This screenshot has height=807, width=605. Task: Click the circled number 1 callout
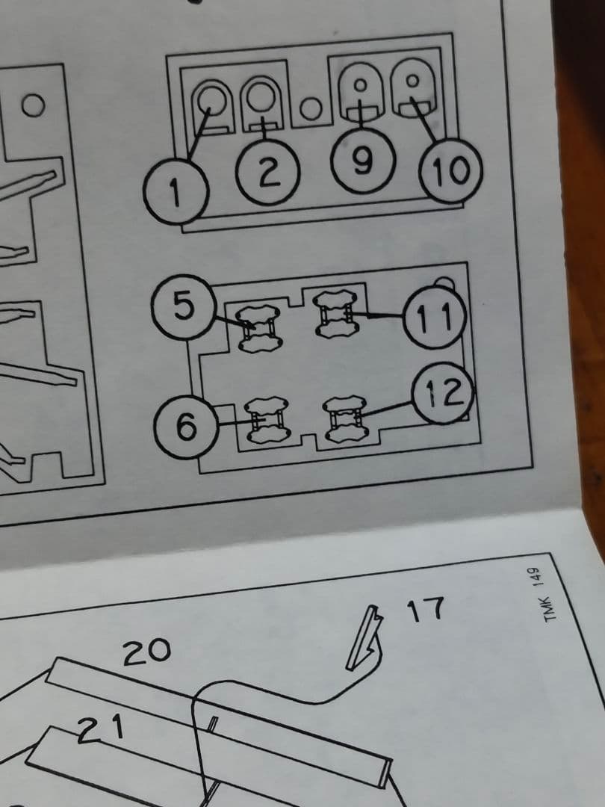pyautogui.click(x=176, y=191)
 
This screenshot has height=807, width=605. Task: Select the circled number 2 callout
pyautogui.click(x=267, y=172)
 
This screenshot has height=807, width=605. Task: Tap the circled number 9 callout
pyautogui.click(x=363, y=161)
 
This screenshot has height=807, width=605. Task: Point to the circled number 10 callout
pyautogui.click(x=450, y=170)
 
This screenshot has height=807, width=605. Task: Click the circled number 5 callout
pyautogui.click(x=184, y=307)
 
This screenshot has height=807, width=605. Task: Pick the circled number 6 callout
pyautogui.click(x=187, y=427)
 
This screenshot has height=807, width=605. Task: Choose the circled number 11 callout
pyautogui.click(x=435, y=318)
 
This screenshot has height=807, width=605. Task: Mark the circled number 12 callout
pyautogui.click(x=443, y=393)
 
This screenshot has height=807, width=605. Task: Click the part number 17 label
pyautogui.click(x=425, y=610)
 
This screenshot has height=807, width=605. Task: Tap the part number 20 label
pyautogui.click(x=146, y=652)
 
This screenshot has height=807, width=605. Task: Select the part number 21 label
pyautogui.click(x=102, y=729)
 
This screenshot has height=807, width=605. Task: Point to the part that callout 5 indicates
pyautogui.click(x=258, y=329)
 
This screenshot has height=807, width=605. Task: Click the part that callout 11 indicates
pyautogui.click(x=335, y=313)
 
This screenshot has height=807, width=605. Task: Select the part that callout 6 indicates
pyautogui.click(x=267, y=420)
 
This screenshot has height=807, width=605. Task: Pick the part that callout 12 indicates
pyautogui.click(x=347, y=418)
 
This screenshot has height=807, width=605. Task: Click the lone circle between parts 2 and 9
pyautogui.click(x=311, y=108)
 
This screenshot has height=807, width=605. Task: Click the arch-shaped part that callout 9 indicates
pyautogui.click(x=361, y=92)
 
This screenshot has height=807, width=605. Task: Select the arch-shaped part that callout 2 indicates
pyautogui.click(x=262, y=103)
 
